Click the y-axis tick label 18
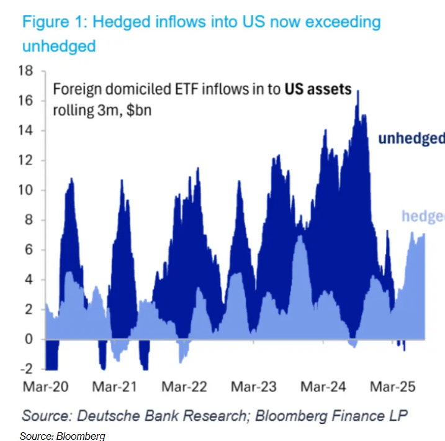25,71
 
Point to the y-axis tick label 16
25,101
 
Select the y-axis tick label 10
25,190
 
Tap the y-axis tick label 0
29,339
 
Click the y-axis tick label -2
26,369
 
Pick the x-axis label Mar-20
47,386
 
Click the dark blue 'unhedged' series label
411,138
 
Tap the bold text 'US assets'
318,89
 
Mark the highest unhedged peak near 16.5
357,92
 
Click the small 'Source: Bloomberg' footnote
62,436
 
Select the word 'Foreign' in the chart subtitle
74,89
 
